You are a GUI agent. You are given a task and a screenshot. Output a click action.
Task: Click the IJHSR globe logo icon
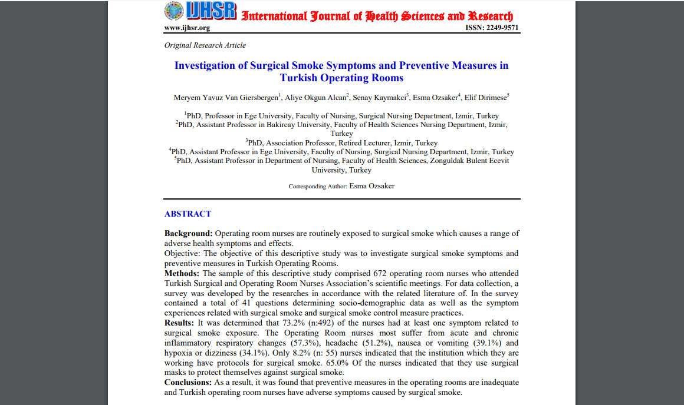(175, 11)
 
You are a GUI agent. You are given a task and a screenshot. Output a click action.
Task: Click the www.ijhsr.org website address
(187, 28)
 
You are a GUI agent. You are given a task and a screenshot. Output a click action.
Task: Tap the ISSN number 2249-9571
(492, 28)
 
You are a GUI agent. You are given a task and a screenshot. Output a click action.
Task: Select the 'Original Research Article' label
(205, 45)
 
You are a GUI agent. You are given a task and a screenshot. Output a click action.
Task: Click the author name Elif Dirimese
(488, 98)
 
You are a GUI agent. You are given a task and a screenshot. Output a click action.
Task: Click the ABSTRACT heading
(188, 214)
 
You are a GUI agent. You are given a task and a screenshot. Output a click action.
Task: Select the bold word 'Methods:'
(182, 274)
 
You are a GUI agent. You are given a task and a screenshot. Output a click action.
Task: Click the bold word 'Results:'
(179, 323)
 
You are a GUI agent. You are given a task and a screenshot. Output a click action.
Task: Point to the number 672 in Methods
(380, 274)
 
